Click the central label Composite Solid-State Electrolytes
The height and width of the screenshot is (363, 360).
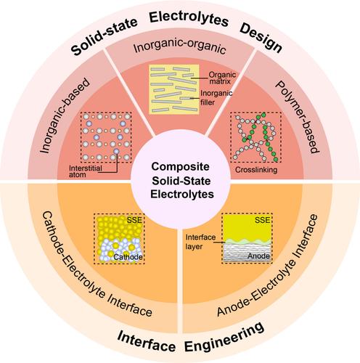click(x=181, y=180)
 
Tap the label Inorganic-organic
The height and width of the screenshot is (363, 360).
click(x=180, y=46)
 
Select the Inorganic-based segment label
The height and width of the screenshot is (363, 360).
click(x=65, y=115)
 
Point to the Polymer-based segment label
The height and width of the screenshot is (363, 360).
click(x=297, y=117)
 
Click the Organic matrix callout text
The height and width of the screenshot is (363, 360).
click(x=222, y=78)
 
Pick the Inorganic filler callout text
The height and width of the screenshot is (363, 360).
click(x=216, y=97)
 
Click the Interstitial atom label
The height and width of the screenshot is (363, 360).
click(x=85, y=171)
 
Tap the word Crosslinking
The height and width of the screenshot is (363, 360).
click(x=256, y=170)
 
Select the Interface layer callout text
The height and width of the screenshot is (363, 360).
click(x=200, y=242)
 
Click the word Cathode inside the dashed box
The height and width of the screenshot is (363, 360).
click(x=128, y=257)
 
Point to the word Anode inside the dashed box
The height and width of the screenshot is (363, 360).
click(x=258, y=256)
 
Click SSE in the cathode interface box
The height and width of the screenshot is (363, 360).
click(x=134, y=220)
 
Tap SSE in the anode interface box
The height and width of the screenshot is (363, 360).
click(x=262, y=220)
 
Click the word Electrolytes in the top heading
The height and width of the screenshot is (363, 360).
click(x=189, y=19)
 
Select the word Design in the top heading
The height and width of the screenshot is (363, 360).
click(x=261, y=38)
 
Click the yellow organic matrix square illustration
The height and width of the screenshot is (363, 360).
click(x=174, y=89)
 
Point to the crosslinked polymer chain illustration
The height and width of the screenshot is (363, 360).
click(x=255, y=137)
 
